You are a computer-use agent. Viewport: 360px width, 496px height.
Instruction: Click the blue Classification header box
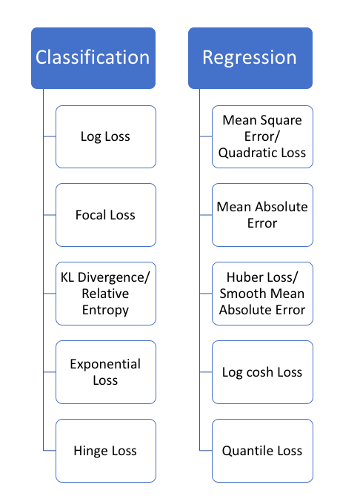click(x=93, y=58)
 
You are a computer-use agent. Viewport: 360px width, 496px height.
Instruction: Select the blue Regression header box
click(x=250, y=58)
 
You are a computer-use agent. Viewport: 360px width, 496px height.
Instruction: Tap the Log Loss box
click(x=106, y=136)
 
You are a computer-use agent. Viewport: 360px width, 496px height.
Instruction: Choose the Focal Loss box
click(x=106, y=215)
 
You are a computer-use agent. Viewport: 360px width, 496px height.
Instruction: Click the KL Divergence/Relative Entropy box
click(x=106, y=294)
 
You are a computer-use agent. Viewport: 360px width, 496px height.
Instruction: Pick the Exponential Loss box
click(x=106, y=372)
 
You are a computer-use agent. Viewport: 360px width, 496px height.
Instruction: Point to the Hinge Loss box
click(x=106, y=451)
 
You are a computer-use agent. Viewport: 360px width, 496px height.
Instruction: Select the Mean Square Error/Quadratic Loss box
click(x=262, y=136)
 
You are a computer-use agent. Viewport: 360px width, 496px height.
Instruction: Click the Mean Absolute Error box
click(x=262, y=215)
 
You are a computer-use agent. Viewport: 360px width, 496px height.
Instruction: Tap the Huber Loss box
click(x=262, y=294)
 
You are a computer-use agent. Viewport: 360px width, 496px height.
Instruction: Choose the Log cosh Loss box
click(x=262, y=372)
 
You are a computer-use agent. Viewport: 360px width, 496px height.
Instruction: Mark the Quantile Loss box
click(x=262, y=451)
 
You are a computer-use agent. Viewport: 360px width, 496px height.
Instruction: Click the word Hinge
click(x=90, y=451)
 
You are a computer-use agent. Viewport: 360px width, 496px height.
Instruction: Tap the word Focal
click(x=91, y=215)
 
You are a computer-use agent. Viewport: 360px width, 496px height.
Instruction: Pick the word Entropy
click(x=106, y=310)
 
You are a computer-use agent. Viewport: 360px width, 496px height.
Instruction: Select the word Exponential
click(x=106, y=364)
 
